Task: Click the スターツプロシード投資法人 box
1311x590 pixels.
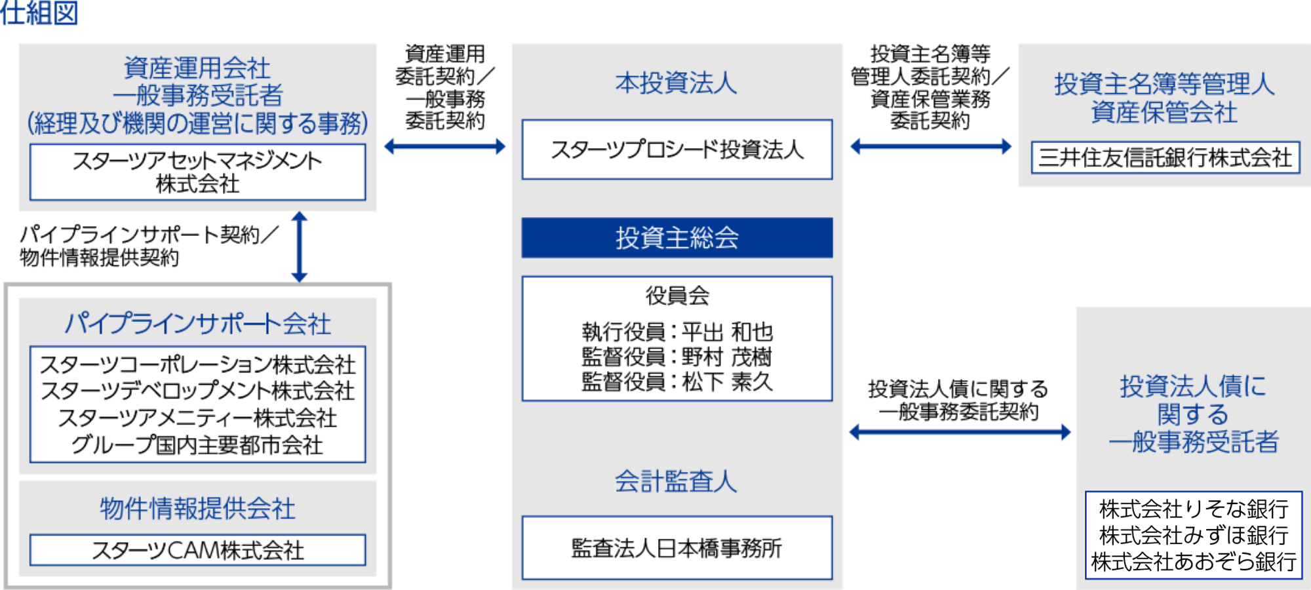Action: tap(677, 149)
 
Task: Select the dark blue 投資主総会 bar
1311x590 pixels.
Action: tap(677, 237)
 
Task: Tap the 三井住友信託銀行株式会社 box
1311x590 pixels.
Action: tap(1165, 158)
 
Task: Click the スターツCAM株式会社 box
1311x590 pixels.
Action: tap(197, 550)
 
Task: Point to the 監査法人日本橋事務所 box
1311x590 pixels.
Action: tap(677, 548)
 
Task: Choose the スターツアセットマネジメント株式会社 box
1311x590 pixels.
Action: tap(197, 172)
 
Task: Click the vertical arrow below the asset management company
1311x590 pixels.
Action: tap(300, 246)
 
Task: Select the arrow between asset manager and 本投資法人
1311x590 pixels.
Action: tap(444, 146)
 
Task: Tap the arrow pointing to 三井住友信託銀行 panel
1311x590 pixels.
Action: tap(930, 146)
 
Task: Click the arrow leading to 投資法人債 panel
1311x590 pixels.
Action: tap(960, 431)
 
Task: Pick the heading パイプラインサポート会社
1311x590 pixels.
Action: tap(197, 323)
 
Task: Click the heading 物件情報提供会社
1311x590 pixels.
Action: tap(197, 508)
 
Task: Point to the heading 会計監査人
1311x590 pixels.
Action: tap(676, 482)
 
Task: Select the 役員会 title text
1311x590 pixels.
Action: tap(677, 296)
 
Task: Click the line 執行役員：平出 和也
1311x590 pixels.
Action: tap(677, 332)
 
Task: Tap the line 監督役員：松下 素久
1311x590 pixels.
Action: tap(677, 382)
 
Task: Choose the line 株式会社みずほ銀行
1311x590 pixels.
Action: tap(1194, 536)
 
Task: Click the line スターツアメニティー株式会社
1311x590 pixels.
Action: tap(197, 418)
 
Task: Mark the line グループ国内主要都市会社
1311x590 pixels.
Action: tap(197, 445)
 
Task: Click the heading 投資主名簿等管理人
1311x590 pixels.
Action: tap(1164, 84)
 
